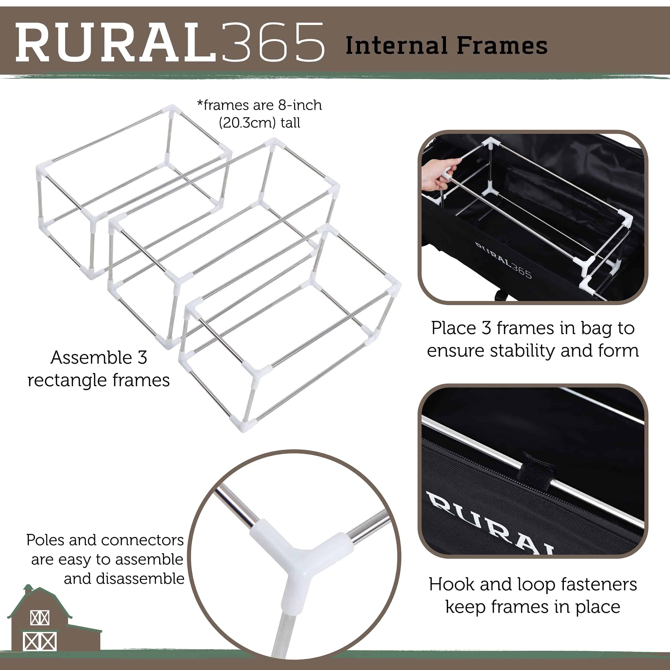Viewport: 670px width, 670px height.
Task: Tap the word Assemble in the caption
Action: pos(89,358)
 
